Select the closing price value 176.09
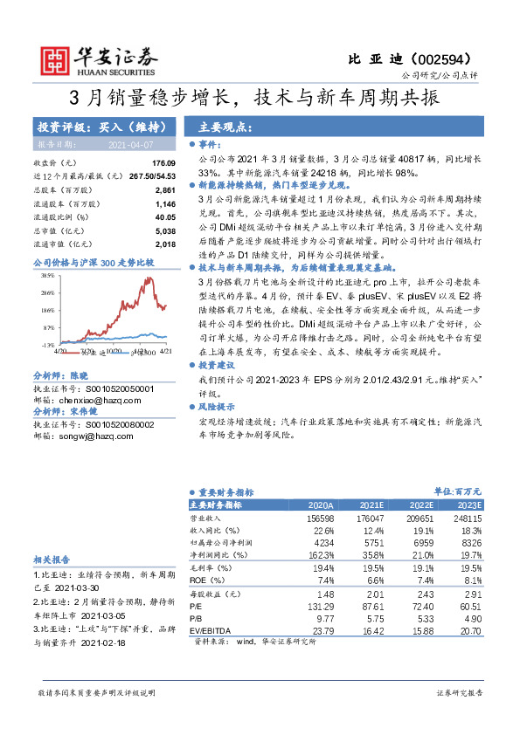coord(163,163)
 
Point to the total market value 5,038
coord(165,230)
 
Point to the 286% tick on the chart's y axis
coord(48,293)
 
